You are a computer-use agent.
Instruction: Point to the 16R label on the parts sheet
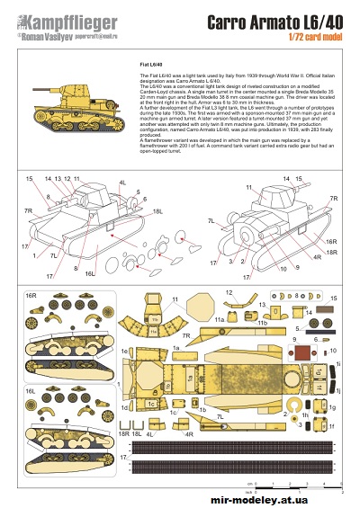pyautogui.click(x=30, y=295)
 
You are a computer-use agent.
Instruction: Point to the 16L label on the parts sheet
pyautogui.click(x=30, y=392)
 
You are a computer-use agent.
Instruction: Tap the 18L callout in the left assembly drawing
pyautogui.click(x=157, y=211)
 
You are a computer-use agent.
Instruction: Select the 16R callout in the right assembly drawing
pyautogui.click(x=331, y=242)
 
